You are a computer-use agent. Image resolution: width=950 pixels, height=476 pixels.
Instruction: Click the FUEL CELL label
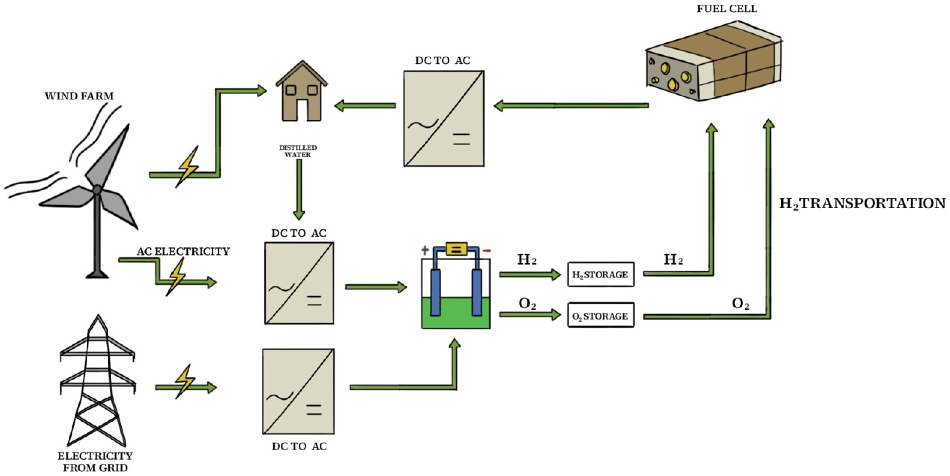(727, 9)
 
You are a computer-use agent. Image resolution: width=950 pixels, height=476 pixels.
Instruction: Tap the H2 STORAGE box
(600, 274)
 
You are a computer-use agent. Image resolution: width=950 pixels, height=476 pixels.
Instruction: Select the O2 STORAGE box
(600, 316)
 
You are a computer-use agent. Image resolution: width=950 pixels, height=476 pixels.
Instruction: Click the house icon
(302, 92)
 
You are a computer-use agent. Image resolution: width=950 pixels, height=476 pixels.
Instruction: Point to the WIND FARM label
(79, 96)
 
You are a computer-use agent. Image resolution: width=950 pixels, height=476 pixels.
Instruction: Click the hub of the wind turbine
(97, 190)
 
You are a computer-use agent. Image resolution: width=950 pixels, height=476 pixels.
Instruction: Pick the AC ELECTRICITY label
(183, 252)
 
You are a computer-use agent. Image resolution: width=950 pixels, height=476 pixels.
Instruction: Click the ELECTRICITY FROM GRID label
(95, 462)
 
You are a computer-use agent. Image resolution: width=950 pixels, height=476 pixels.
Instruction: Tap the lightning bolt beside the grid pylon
(184, 381)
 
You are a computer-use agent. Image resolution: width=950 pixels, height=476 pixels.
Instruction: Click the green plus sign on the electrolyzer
(425, 250)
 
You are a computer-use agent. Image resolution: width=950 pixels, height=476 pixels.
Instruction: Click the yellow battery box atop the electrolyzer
(456, 249)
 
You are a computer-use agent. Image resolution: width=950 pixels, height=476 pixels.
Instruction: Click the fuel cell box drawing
(713, 63)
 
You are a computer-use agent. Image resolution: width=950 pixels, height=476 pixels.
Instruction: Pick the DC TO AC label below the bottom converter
(299, 446)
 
